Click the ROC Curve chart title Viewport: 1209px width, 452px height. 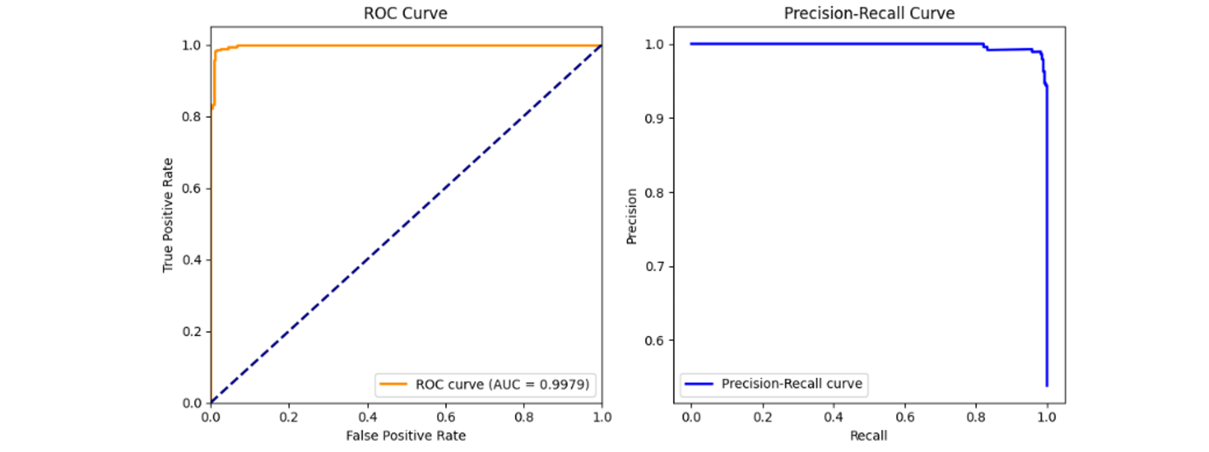pyautogui.click(x=405, y=13)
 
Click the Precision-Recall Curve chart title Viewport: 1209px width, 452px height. pyautogui.click(x=869, y=13)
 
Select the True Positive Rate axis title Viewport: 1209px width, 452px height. pyautogui.click(x=168, y=215)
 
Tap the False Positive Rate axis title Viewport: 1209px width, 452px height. pyautogui.click(x=405, y=435)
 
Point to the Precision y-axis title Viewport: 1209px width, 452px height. pyautogui.click(x=632, y=216)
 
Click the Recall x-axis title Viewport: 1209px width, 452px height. pyautogui.click(x=868, y=435)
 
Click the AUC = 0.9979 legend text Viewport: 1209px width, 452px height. pyautogui.click(x=502, y=384)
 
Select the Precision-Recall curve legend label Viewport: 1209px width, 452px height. pyautogui.click(x=792, y=384)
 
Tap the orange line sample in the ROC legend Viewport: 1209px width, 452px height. pyautogui.click(x=393, y=384)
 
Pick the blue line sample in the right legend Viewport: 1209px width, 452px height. pyautogui.click(x=699, y=384)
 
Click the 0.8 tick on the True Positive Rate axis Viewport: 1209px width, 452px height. pyautogui.click(x=191, y=117)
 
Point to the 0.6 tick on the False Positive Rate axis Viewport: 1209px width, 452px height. pyautogui.click(x=445, y=417)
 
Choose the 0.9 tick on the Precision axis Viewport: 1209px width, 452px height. pyautogui.click(x=654, y=119)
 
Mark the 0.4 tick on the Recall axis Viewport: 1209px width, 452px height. pyautogui.click(x=833, y=417)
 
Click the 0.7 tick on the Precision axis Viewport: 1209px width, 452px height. pyautogui.click(x=654, y=267)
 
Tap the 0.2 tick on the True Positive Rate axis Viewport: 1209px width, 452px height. pyautogui.click(x=191, y=332)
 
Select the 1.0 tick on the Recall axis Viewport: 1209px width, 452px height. pyautogui.click(x=1047, y=417)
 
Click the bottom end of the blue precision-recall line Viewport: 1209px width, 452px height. pyautogui.click(x=1047, y=386)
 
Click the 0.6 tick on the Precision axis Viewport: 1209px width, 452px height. pyautogui.click(x=654, y=341)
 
